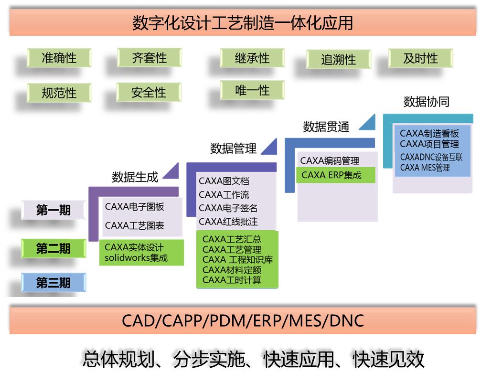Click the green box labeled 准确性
pyautogui.click(x=59, y=58)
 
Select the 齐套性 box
pyautogui.click(x=149, y=58)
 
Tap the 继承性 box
pyautogui.click(x=252, y=58)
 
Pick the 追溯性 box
pyautogui.click(x=338, y=60)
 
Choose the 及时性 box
pyautogui.click(x=420, y=58)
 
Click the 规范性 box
pyautogui.click(x=59, y=93)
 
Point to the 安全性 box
pyautogui.click(x=149, y=92)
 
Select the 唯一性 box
pyautogui.click(x=252, y=90)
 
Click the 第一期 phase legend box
pyautogui.click(x=53, y=210)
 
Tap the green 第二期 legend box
pyautogui.click(x=53, y=248)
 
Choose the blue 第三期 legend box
pyautogui.click(x=53, y=283)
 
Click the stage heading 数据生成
pyautogui.click(x=135, y=177)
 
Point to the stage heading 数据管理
pyautogui.click(x=233, y=149)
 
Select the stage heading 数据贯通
pyautogui.click(x=326, y=127)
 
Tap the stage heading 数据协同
pyautogui.click(x=426, y=102)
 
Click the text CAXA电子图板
pyautogui.click(x=134, y=207)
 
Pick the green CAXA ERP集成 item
pyautogui.click(x=331, y=175)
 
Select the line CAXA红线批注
pyautogui.click(x=228, y=222)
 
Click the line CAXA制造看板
pyautogui.click(x=429, y=134)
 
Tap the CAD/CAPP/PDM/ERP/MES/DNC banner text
pyautogui.click(x=243, y=320)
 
